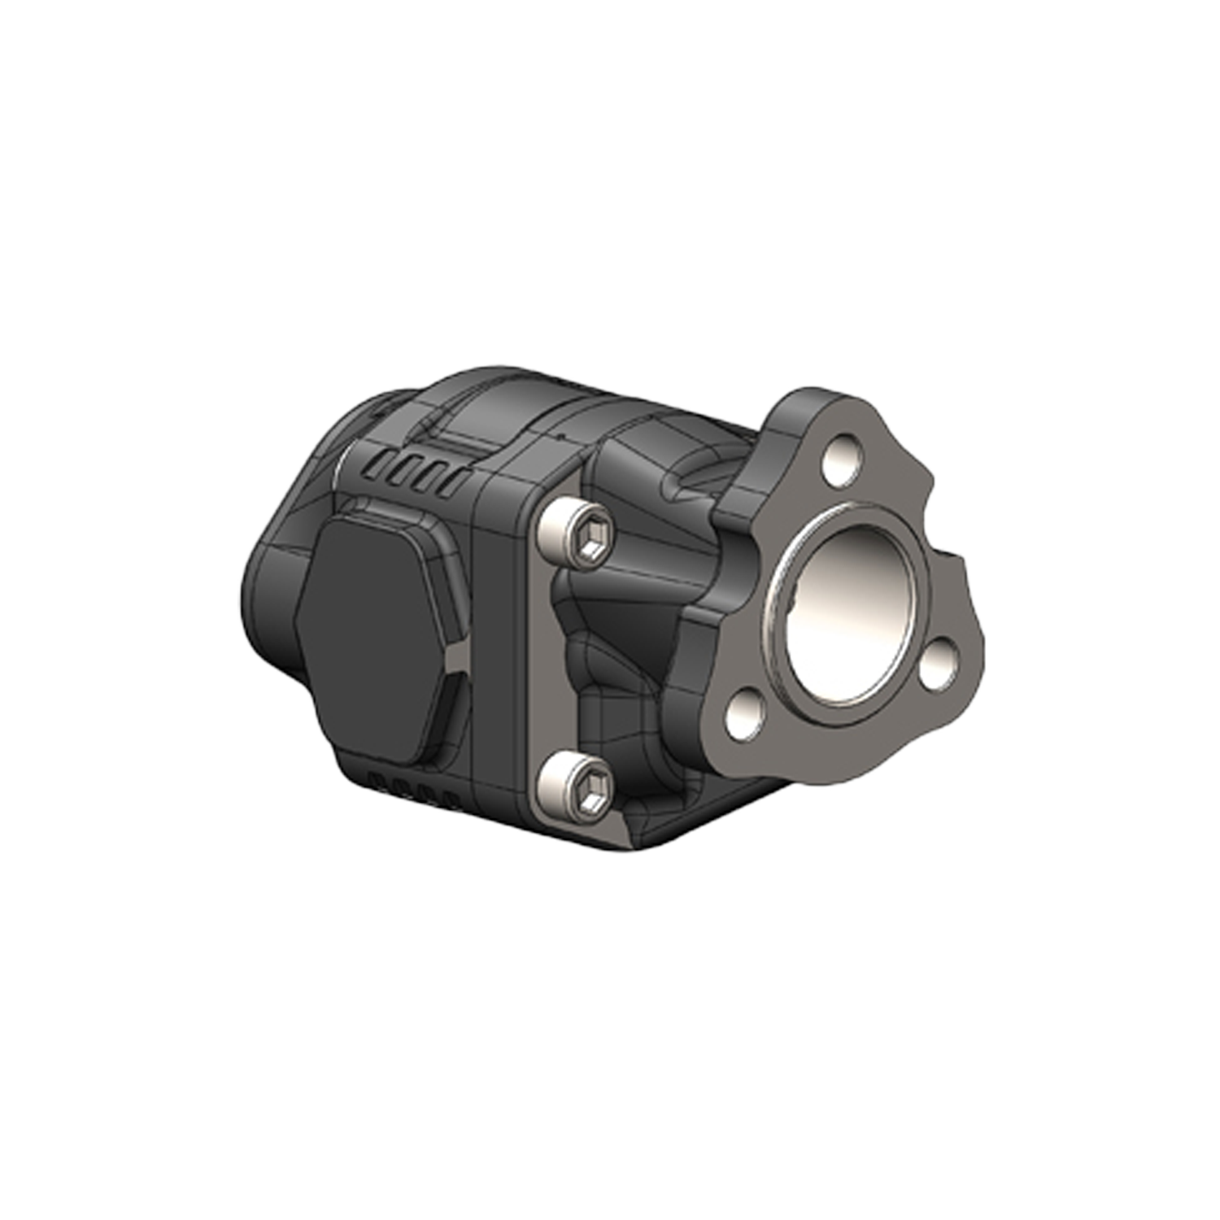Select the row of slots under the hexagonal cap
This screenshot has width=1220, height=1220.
pyautogui.click(x=407, y=787)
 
